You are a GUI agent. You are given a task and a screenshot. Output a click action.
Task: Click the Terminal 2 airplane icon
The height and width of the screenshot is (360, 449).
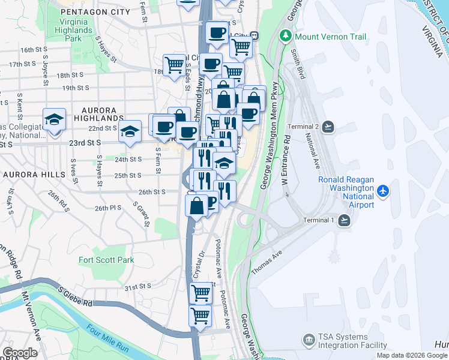click(x=328, y=127)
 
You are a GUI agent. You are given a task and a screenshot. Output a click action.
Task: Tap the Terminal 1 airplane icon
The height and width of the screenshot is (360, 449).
click(x=344, y=220)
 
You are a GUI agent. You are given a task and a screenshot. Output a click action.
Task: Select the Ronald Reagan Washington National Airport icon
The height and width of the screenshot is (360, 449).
click(x=384, y=191)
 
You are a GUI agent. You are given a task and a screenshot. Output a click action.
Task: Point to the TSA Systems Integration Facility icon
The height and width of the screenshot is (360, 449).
click(x=309, y=340)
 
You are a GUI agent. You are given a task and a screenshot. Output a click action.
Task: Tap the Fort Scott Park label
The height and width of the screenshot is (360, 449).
click(x=106, y=260)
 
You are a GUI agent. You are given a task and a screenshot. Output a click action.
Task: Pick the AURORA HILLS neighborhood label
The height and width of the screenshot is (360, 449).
click(x=33, y=174)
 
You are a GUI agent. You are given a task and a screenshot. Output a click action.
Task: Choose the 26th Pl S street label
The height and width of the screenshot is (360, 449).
click(x=108, y=208)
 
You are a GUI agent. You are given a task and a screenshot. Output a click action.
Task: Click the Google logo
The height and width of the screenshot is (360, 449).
click(x=20, y=353)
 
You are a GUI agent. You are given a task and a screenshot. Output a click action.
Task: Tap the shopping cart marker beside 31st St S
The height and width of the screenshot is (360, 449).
click(x=200, y=293)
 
